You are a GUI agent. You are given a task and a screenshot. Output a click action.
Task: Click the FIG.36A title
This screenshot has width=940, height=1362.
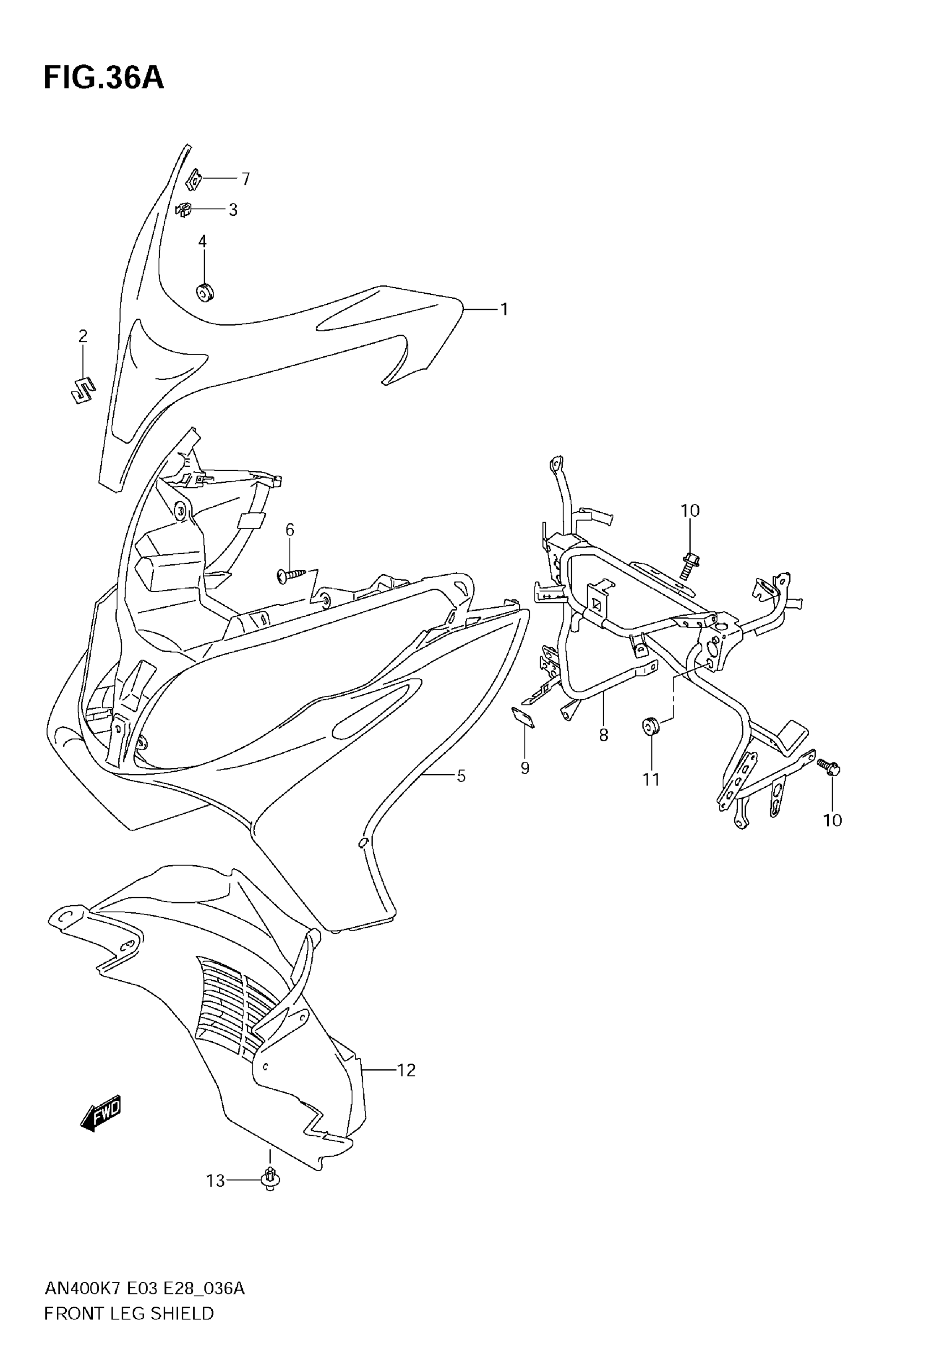pos(103,79)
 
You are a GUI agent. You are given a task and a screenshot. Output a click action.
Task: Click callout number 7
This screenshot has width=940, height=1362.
pos(246,179)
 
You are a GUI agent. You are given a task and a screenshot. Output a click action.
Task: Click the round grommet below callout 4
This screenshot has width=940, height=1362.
pos(205,292)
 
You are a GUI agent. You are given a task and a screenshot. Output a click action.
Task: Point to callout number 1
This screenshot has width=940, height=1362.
pos(504,309)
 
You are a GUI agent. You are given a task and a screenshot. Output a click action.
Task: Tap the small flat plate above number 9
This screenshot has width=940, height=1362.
pos(523,718)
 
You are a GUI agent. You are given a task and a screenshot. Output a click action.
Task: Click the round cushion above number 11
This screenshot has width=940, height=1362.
pos(650,726)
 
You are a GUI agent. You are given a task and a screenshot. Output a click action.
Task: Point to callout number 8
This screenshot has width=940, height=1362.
pos(603,735)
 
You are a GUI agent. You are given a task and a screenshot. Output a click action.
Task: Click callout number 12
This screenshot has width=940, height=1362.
pos(406,1070)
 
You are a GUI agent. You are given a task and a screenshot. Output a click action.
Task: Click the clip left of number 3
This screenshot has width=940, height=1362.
pos(185,209)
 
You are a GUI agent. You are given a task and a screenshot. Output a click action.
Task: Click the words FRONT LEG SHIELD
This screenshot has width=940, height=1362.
pos(129,1313)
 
